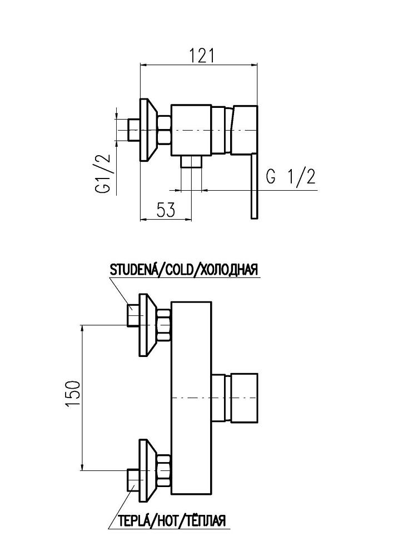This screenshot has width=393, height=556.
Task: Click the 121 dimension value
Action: coord(200,56)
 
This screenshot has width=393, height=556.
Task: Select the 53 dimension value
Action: coord(165,210)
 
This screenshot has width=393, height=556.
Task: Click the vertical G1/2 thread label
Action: coord(104,173)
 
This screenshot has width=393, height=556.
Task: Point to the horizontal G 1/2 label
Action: coord(291,177)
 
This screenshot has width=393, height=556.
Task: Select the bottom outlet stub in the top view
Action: coord(191,162)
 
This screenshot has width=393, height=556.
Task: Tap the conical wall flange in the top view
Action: coord(146,131)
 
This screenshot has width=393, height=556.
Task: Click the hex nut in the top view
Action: coord(165,131)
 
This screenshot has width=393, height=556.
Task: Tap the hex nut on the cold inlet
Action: coord(164,325)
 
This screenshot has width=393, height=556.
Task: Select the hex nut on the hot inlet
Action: coord(164,470)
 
